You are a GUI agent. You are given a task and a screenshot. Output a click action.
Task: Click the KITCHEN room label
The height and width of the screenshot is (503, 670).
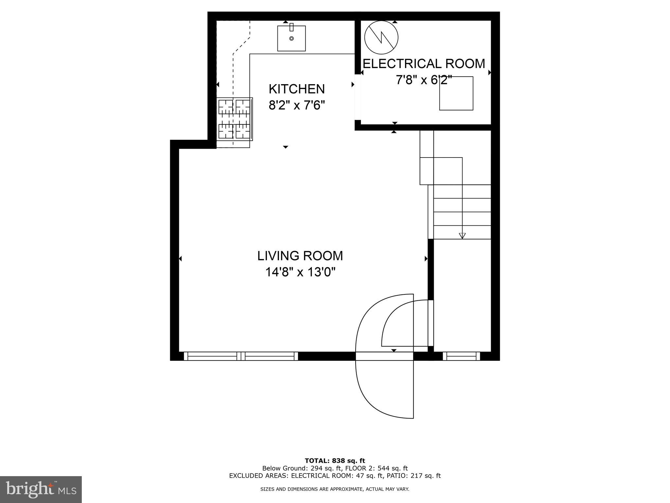[297, 89]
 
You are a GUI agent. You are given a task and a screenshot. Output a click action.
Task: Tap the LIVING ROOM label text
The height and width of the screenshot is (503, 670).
[300, 256]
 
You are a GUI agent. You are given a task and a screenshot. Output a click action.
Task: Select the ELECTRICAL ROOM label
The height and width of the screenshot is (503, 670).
[424, 64]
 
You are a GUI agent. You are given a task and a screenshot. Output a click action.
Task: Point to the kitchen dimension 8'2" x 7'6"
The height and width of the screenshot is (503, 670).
[297, 105]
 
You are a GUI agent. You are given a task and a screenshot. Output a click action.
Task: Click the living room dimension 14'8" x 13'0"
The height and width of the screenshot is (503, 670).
[300, 272]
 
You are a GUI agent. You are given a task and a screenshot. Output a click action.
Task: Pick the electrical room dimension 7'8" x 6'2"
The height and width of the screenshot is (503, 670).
[424, 80]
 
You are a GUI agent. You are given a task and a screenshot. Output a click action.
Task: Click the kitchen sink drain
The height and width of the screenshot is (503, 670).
[291, 38]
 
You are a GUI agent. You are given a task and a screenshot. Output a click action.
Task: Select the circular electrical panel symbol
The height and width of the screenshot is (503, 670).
[381, 37]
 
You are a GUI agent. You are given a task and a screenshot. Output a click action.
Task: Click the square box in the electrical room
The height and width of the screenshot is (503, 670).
[456, 93]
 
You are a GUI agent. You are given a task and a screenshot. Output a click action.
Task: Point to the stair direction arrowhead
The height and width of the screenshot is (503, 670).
[462, 235]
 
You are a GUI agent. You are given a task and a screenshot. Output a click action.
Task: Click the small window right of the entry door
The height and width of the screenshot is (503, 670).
[461, 356]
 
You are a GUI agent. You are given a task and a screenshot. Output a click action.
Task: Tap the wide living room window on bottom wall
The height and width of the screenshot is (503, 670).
[241, 356]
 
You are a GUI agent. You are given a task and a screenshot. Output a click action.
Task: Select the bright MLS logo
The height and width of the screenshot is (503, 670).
[41, 490]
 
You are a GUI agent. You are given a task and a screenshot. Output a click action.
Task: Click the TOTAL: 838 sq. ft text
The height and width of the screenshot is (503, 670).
[335, 461]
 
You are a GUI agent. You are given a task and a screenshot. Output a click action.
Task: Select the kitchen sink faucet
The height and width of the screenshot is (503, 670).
[291, 27]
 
